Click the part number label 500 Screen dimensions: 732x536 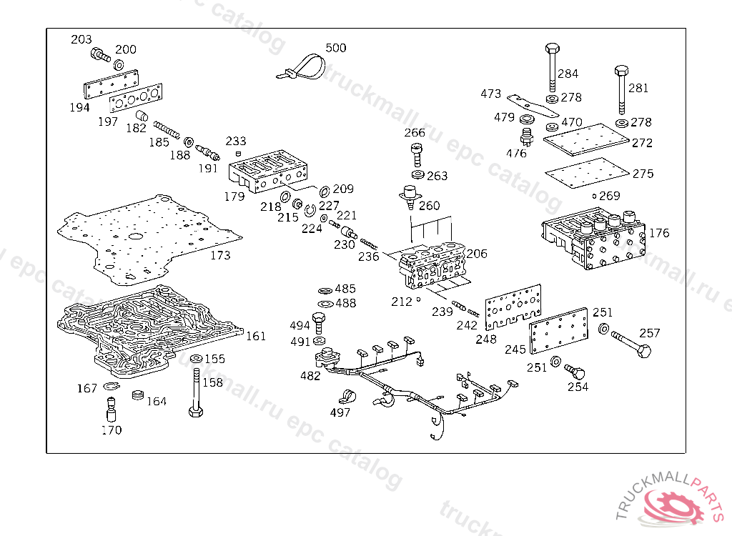click(336, 48)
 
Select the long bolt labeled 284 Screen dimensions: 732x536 click(553, 67)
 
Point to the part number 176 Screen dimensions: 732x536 click(658, 232)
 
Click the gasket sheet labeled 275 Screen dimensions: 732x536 click(588, 172)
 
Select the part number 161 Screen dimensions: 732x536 click(256, 336)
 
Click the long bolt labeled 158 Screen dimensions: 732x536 click(196, 392)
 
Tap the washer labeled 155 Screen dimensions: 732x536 click(197, 359)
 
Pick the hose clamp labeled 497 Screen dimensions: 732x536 click(347, 397)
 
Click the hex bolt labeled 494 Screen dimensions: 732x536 click(318, 322)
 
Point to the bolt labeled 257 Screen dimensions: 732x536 click(630, 344)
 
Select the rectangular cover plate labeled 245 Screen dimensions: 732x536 click(558, 331)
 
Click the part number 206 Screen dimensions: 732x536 click(477, 254)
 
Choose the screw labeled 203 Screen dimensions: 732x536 click(100, 55)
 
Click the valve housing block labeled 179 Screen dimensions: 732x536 click(268, 172)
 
